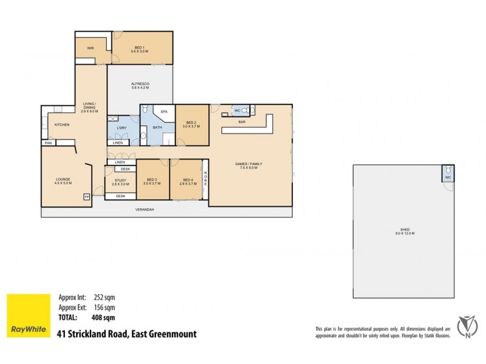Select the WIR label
coord(89,47)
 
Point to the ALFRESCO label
coord(140,84)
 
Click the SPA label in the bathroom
coord(163,112)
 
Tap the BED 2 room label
coord(191,123)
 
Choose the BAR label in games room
coord(241,122)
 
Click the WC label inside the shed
coord(448,178)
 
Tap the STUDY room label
coord(120,180)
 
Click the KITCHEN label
coord(62,124)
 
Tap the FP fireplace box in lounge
coord(86,197)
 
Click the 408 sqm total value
coord(103,317)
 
